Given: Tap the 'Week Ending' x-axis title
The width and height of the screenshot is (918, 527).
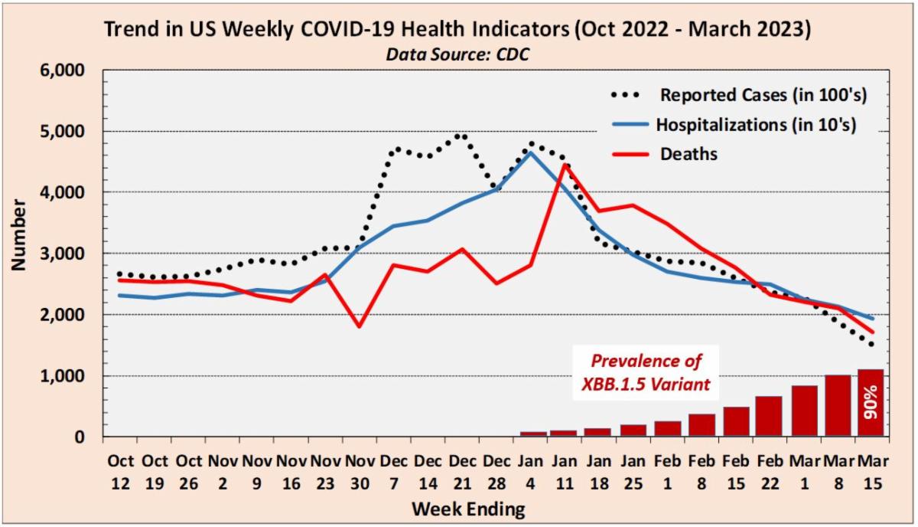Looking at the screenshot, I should [468, 508].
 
